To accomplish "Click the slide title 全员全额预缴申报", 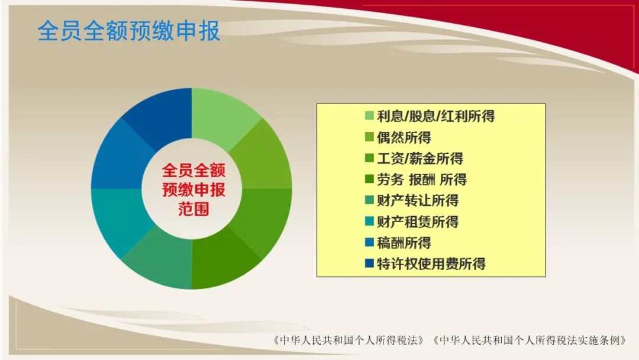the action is click(129, 31).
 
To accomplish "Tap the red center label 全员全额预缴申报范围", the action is click(193, 189).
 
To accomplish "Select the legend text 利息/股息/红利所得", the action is click(435, 116).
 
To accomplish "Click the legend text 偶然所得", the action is click(404, 137).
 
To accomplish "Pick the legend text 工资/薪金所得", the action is click(419, 159).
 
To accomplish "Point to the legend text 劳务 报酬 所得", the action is click(422, 179).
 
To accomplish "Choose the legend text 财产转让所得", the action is click(418, 201).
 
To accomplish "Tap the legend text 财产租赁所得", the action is click(418, 222).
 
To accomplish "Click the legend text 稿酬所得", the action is click(404, 243).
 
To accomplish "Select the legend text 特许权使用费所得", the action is click(431, 263).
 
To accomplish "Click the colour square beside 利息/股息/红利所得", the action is click(369, 116).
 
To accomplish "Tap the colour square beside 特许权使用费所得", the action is click(369, 263).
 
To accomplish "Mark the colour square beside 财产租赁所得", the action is click(369, 221).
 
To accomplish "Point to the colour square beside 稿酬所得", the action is click(369, 243).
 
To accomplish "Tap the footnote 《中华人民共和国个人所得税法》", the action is click(350, 340).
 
